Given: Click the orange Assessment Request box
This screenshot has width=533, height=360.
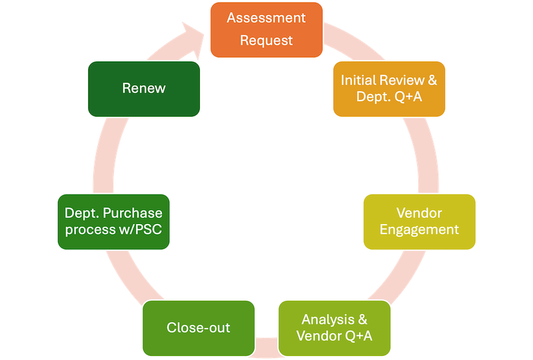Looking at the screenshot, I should (x=266, y=29).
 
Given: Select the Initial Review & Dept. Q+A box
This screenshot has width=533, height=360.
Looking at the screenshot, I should (x=389, y=89).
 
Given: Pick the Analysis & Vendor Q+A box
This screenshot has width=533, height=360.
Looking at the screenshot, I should (x=334, y=327).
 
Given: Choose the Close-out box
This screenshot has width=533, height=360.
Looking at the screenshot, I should (x=199, y=327).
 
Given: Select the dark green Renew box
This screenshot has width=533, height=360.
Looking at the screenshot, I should (x=143, y=89).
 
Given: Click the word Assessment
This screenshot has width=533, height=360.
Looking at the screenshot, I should (x=266, y=18).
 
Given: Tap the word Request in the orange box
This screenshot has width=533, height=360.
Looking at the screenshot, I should (x=266, y=41).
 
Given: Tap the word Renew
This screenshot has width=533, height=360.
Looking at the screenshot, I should (x=143, y=89).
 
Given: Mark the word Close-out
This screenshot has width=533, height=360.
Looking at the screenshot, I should (x=199, y=327).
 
